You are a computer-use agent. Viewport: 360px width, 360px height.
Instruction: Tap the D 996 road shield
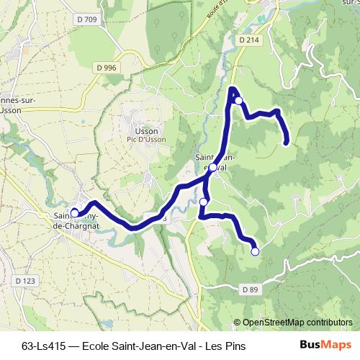coord(105,67)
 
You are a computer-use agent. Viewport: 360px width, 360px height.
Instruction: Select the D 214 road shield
coord(248,41)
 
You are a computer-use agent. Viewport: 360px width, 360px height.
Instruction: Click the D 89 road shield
coord(249,289)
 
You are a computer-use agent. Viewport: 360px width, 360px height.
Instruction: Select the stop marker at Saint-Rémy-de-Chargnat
coord(74,213)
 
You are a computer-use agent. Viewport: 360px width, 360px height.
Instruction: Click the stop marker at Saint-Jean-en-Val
coord(212,168)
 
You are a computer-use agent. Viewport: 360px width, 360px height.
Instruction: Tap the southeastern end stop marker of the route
coord(255,251)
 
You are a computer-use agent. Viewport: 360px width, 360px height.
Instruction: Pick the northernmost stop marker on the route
coord(238,101)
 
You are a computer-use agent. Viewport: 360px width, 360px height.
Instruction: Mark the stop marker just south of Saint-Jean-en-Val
coord(204,202)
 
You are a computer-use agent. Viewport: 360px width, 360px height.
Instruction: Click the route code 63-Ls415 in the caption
coord(42,346)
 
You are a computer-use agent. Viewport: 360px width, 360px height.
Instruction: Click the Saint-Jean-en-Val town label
coord(211,163)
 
